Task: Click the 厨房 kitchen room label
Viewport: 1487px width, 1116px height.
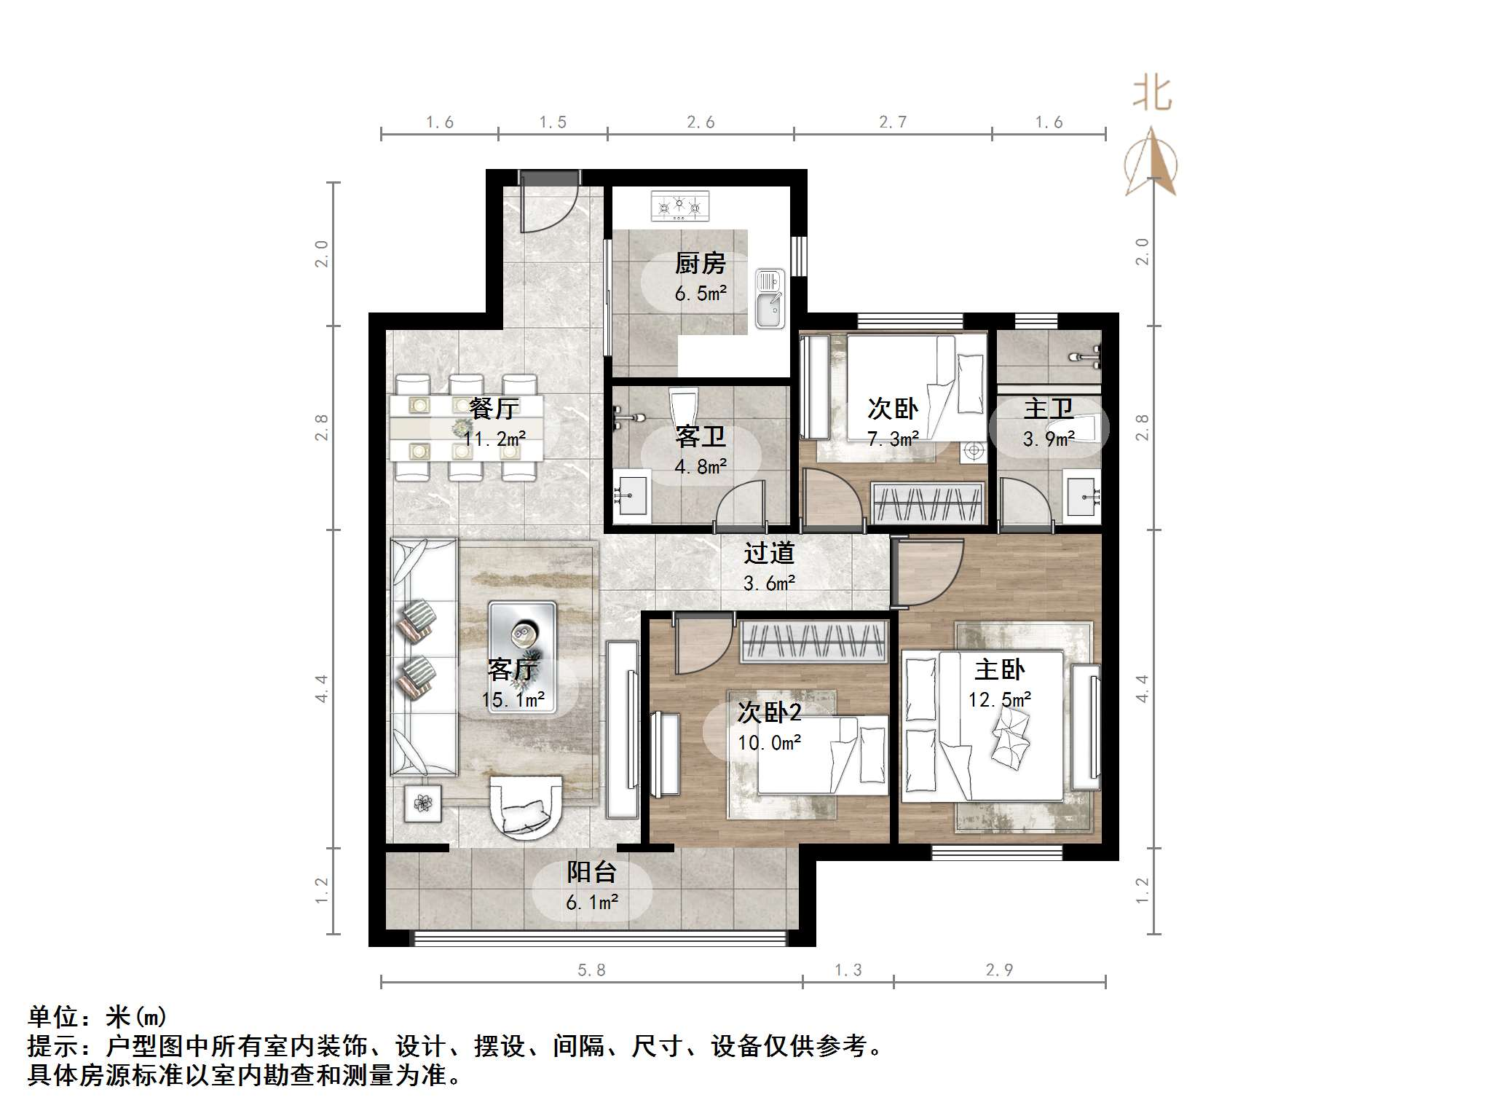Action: [x=700, y=263]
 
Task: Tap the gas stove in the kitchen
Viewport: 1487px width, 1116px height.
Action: [x=679, y=205]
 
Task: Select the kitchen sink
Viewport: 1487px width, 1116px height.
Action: [x=770, y=298]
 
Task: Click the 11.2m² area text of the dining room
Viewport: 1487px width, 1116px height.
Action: [x=494, y=439]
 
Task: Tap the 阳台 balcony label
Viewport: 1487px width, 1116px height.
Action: [x=591, y=872]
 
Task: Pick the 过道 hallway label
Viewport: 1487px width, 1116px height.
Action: [x=769, y=554]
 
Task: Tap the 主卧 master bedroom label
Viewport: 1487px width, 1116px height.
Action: [x=999, y=669]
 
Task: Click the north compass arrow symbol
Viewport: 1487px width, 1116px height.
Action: [x=1151, y=162]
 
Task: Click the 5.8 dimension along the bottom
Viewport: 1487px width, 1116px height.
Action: [x=591, y=970]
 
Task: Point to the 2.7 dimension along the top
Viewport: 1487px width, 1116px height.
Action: [x=892, y=122]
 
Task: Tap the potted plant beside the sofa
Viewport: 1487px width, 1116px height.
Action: [x=423, y=803]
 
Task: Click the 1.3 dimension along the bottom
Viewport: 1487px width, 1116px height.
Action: [x=848, y=970]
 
